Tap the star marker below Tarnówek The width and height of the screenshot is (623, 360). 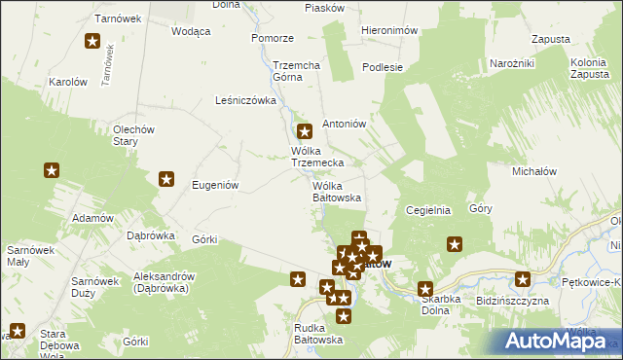tap(92, 41)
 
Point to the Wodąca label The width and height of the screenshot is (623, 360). tap(191, 31)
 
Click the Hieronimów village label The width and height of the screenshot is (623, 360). tap(388, 30)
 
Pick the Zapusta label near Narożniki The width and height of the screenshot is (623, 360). tap(551, 40)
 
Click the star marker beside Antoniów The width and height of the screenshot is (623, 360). tap(304, 131)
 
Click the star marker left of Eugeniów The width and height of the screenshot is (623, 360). tap(166, 179)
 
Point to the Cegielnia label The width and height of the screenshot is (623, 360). tap(428, 209)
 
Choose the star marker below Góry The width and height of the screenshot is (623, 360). tap(454, 244)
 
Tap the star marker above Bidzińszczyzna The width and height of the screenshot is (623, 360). tap(523, 280)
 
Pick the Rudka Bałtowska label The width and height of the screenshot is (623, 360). tap(318, 334)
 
